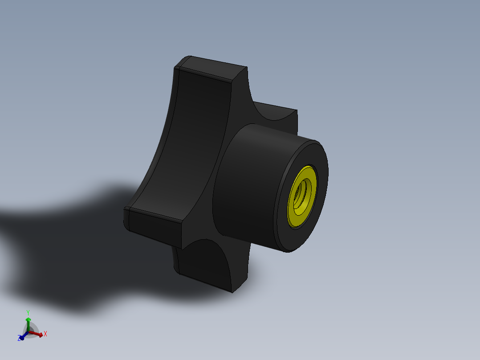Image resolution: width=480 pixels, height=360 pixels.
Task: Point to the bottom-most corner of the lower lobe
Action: click(x=232, y=292)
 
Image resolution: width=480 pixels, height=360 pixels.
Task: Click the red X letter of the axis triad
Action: click(x=45, y=333)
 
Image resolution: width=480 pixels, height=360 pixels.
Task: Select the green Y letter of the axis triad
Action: click(x=28, y=312)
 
